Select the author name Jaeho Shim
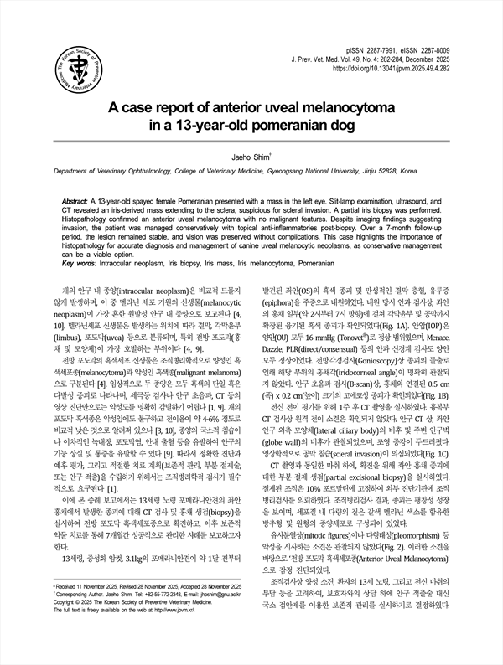click(x=251, y=156)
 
